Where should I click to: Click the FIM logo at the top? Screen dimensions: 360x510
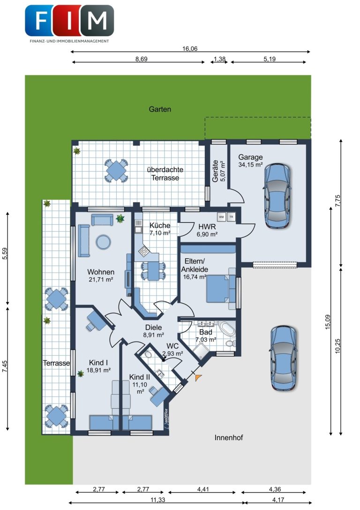69,23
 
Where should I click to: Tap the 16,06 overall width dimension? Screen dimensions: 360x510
190,49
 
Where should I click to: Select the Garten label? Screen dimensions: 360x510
160,109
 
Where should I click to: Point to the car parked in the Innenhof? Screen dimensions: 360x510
283,358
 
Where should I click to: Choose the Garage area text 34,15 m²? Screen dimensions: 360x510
250,165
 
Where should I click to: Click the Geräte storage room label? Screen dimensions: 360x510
215,171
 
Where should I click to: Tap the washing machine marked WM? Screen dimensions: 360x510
221,217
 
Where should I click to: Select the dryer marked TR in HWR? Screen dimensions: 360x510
231,217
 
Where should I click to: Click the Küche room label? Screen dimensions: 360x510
160,225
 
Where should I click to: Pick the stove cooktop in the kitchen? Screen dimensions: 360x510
144,251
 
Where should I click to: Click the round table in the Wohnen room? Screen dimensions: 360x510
103,242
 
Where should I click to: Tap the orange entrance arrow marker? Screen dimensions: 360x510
198,377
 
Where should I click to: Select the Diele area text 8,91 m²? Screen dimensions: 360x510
154,335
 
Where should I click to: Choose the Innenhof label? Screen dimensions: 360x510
229,438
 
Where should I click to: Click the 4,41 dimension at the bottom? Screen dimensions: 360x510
203,489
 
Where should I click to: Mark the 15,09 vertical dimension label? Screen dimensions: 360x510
328,322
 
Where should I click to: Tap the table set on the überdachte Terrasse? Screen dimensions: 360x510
116,170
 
